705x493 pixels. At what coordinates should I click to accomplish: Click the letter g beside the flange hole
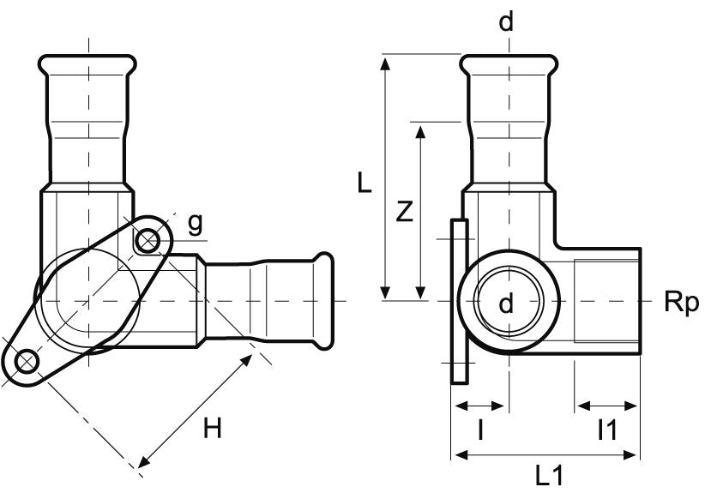(x=196, y=225)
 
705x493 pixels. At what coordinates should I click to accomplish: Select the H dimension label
(x=213, y=428)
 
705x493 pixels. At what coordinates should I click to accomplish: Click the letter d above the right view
(x=506, y=22)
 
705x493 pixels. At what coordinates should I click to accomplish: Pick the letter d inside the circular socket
(x=506, y=303)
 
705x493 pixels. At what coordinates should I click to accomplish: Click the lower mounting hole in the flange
(x=27, y=359)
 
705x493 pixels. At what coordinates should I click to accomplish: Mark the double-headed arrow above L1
(x=545, y=454)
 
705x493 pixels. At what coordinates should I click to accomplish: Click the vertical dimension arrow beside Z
(x=420, y=211)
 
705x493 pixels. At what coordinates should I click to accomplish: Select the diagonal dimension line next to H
(x=196, y=412)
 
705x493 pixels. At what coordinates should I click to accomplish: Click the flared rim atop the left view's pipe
(x=87, y=63)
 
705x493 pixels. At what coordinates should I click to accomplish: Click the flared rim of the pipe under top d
(x=506, y=63)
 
